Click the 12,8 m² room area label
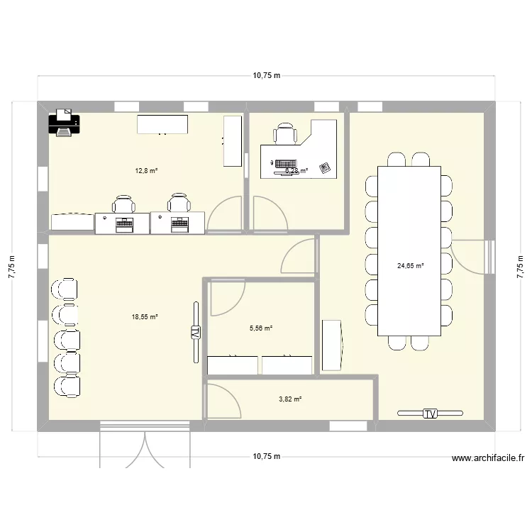click(147, 170)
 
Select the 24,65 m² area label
click(410, 266)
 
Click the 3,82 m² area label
click(290, 399)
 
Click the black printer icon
click(65, 123)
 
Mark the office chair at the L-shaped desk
click(285, 134)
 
